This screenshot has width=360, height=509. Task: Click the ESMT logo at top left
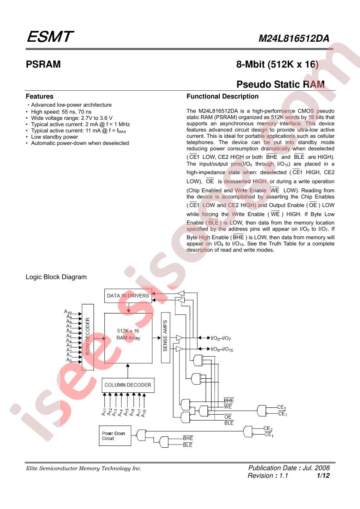(50, 37)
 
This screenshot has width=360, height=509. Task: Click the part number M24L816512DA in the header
(294, 39)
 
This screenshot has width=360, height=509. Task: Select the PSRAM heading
(43, 64)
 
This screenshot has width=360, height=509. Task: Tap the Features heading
(39, 97)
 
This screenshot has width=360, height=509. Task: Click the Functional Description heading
(222, 97)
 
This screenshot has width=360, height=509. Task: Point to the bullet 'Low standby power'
(54, 137)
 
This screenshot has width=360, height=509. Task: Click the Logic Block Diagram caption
(56, 277)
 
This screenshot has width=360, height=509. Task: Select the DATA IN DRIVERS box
(128, 296)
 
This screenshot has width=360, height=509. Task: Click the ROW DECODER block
(88, 337)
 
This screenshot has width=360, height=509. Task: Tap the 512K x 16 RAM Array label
(128, 334)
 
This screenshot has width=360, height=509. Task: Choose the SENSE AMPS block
(165, 338)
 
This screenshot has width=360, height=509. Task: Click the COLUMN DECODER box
(128, 385)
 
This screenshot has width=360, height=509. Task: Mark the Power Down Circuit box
(115, 436)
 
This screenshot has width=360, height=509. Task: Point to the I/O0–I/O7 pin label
(221, 338)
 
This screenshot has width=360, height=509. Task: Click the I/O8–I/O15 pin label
(222, 349)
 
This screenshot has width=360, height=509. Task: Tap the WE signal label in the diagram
(228, 407)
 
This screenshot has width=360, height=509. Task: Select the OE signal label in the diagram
(228, 417)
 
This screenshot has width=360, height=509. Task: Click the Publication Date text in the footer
(289, 468)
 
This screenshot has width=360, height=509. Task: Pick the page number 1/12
(323, 475)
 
